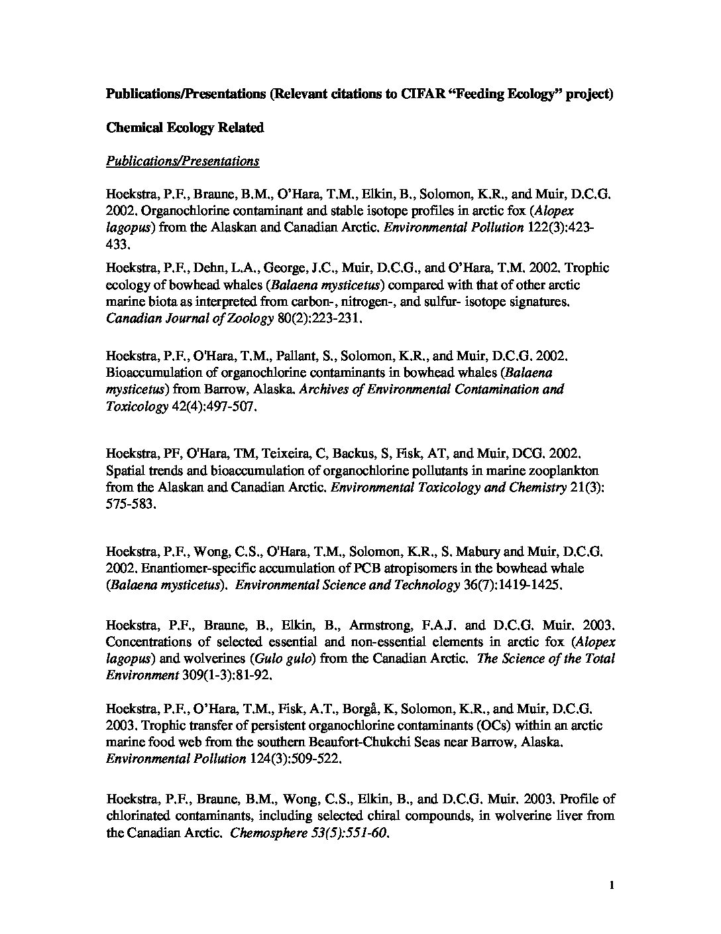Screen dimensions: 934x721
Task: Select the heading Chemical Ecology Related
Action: [185, 127]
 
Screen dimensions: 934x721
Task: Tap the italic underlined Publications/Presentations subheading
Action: [182, 161]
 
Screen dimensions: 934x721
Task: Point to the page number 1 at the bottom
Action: [612, 885]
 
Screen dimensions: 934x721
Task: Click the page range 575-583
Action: [131, 504]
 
